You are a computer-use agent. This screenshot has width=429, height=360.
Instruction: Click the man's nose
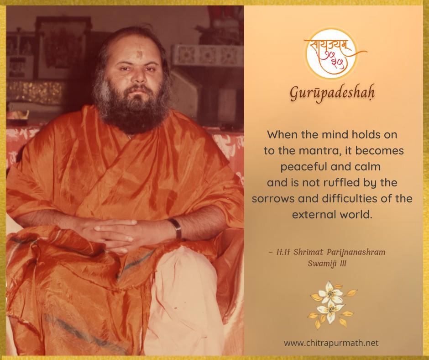pyautogui.click(x=140, y=75)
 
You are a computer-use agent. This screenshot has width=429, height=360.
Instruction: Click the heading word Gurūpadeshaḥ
pyautogui.click(x=332, y=93)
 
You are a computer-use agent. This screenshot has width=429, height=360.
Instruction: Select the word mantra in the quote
pyautogui.click(x=318, y=151)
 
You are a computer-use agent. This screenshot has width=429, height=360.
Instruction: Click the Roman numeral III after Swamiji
pyautogui.click(x=343, y=264)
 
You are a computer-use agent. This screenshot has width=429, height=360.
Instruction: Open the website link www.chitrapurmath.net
pyautogui.click(x=331, y=343)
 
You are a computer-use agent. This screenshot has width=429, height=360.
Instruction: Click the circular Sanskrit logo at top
pyautogui.click(x=332, y=54)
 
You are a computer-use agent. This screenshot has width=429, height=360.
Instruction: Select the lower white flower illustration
pyautogui.click(x=330, y=312)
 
